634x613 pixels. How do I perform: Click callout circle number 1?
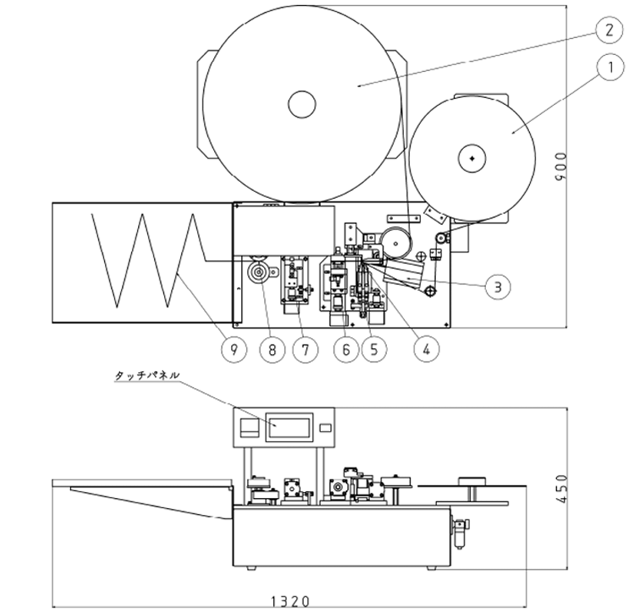(x=610, y=67)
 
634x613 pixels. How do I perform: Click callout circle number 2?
(x=609, y=30)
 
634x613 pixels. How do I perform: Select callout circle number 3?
(x=498, y=287)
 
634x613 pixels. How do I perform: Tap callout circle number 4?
(x=427, y=350)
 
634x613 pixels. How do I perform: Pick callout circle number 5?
(x=374, y=350)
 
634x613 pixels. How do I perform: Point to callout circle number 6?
(x=346, y=350)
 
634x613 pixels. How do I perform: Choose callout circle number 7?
(x=305, y=350)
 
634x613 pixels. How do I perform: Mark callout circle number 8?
(x=272, y=350)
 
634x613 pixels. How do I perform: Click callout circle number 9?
(x=233, y=350)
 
